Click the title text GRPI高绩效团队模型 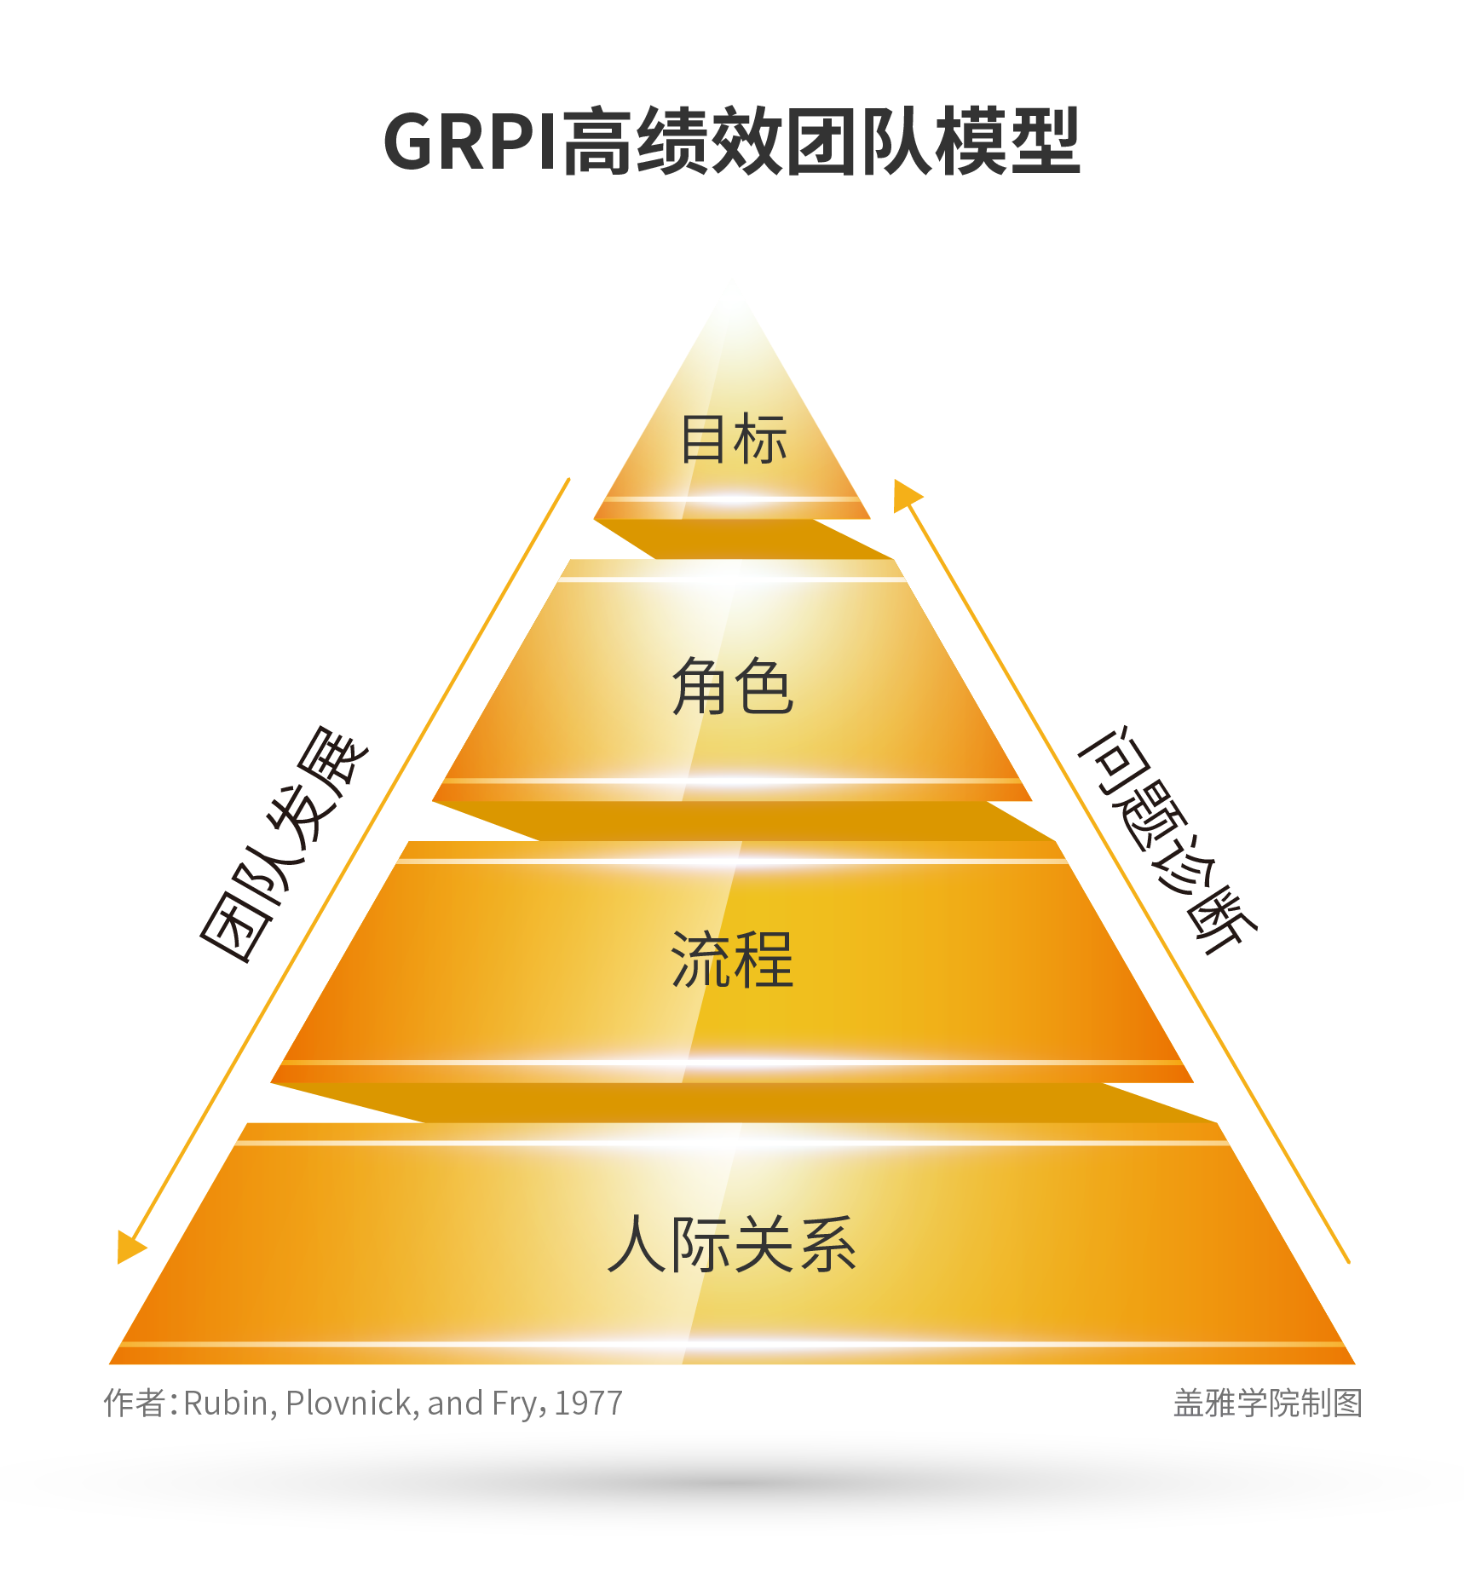[x=731, y=141]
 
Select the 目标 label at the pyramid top [x=733, y=439]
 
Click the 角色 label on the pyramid [x=733, y=686]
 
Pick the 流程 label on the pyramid [x=733, y=960]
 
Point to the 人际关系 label [x=733, y=1244]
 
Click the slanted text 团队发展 [x=284, y=844]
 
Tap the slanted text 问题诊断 [x=1167, y=839]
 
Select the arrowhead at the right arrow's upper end [x=905, y=495]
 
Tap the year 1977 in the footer [x=589, y=1404]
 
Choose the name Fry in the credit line [x=519, y=1404]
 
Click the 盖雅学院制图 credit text [x=1267, y=1404]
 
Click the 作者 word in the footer [x=135, y=1404]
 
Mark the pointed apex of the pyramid [x=732, y=294]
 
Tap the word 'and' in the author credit [x=455, y=1404]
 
